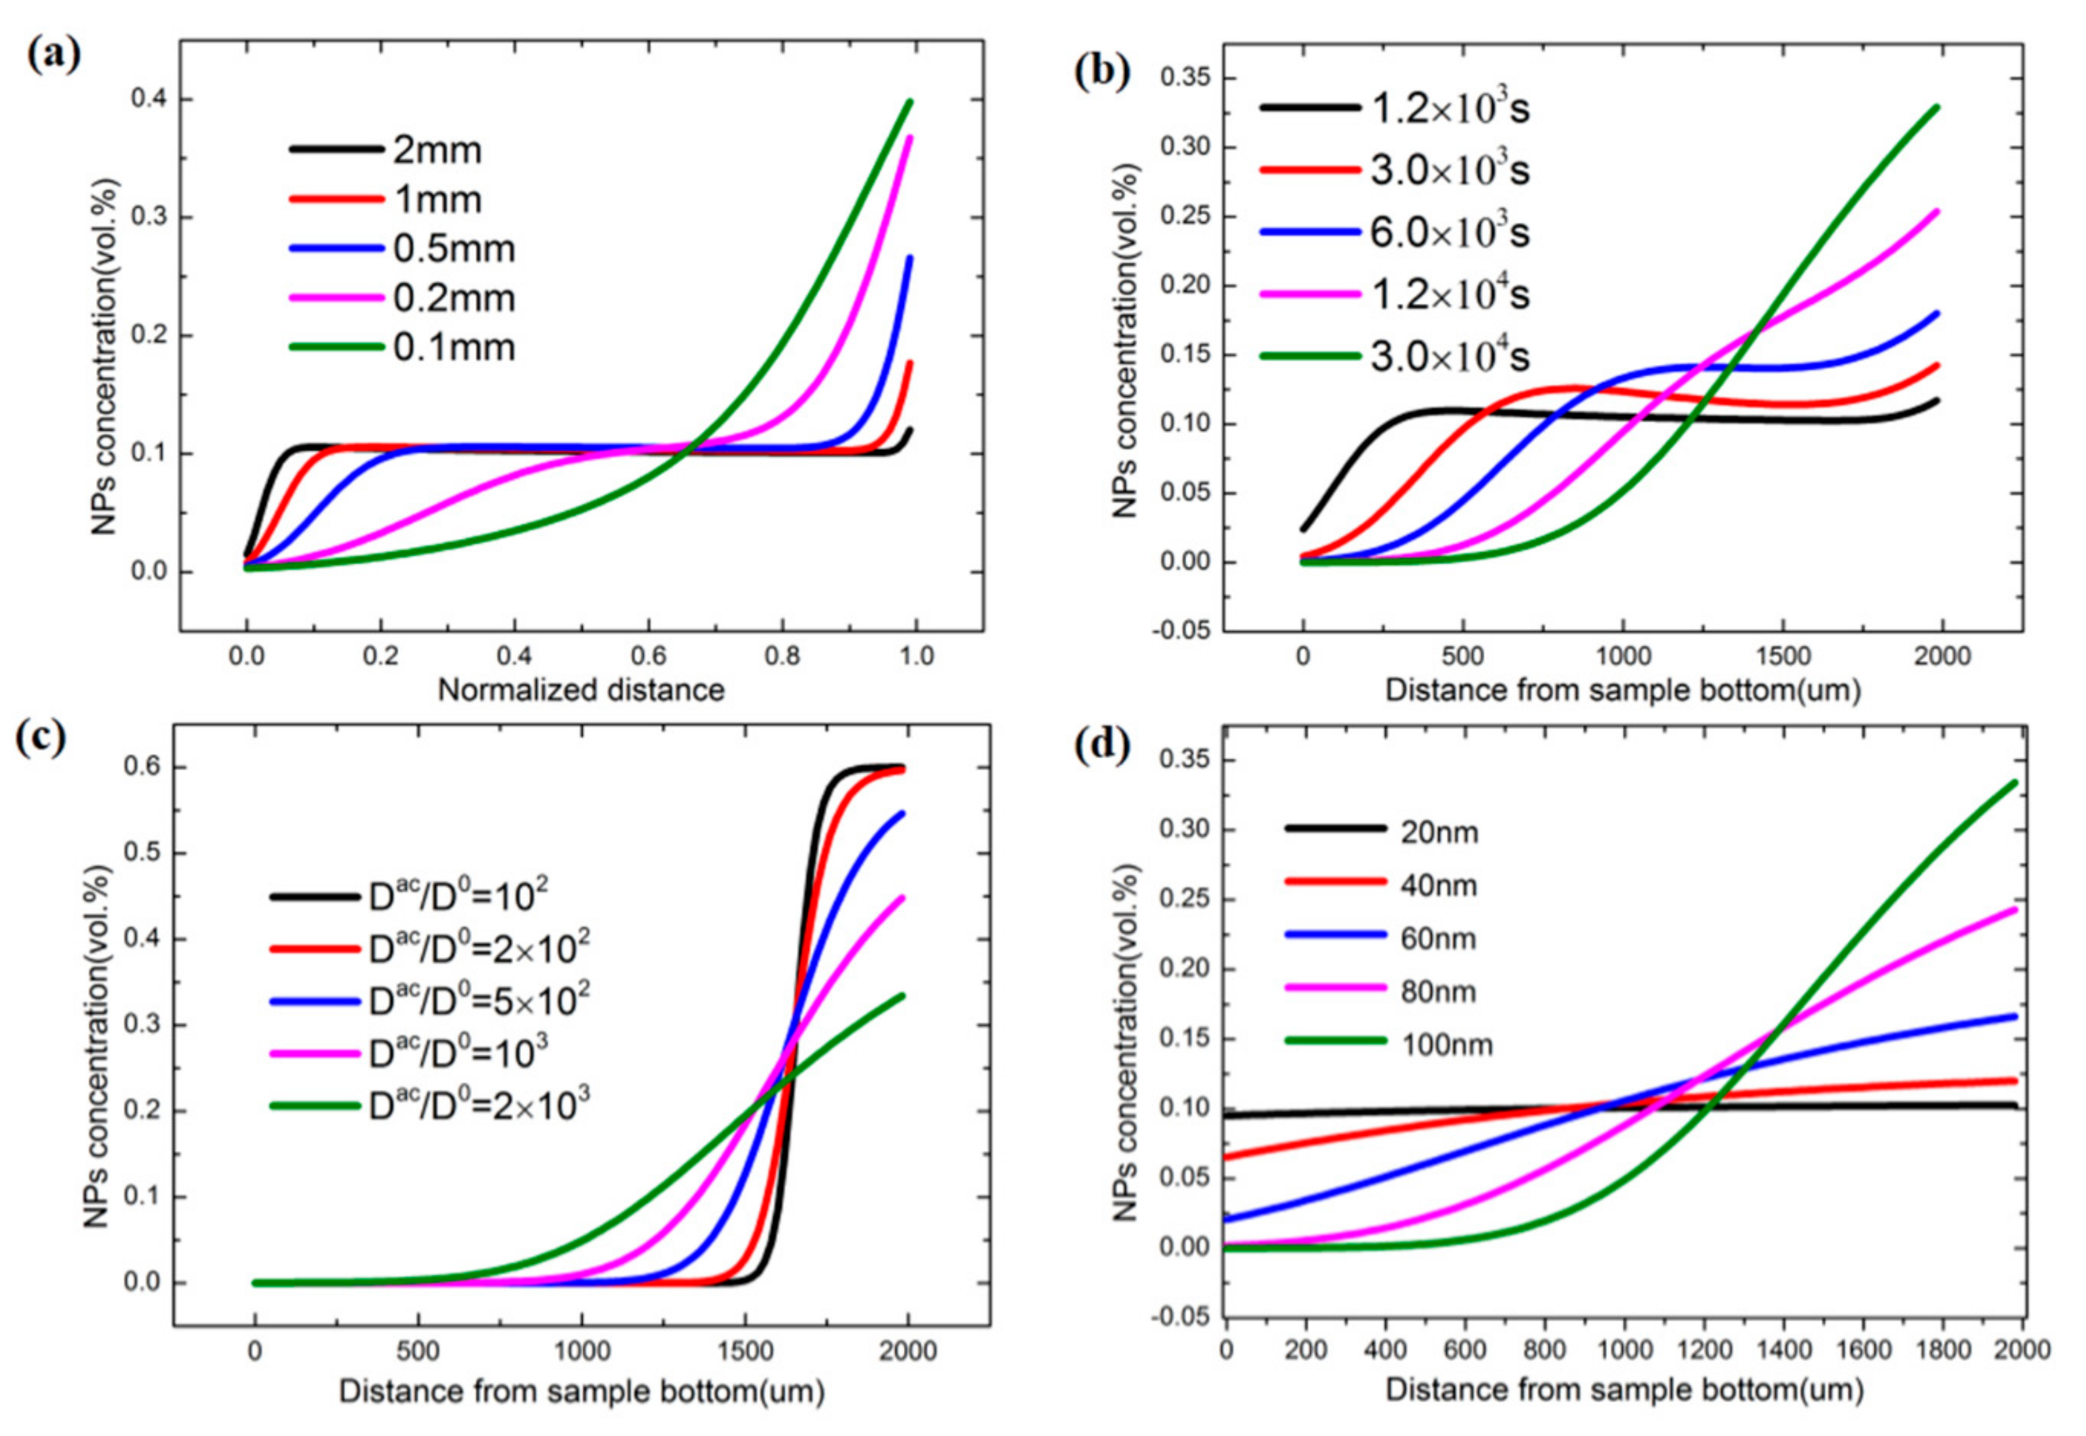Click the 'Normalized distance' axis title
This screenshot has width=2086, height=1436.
point(580,690)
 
